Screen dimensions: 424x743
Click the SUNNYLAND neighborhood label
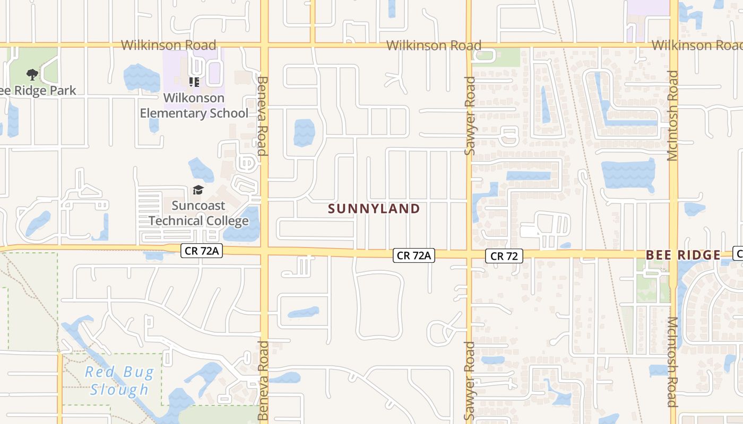(x=374, y=209)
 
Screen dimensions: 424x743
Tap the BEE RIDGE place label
(x=683, y=255)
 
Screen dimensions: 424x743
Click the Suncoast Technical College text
(x=198, y=213)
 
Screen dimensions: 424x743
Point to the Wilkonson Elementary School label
(x=194, y=105)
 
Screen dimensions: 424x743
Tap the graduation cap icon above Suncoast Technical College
(x=198, y=190)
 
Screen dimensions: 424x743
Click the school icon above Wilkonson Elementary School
(x=194, y=82)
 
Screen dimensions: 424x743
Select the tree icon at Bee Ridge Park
(x=32, y=75)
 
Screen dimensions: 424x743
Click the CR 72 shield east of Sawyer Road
(x=504, y=256)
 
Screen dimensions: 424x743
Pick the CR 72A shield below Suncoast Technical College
(x=201, y=251)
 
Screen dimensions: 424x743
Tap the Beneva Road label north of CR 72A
(x=263, y=116)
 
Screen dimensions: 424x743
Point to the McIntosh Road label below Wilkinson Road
(x=672, y=116)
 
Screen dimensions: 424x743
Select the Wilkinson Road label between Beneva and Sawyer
(x=434, y=46)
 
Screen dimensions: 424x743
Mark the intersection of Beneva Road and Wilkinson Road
(x=264, y=45)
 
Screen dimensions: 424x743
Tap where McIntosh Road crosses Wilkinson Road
(x=673, y=45)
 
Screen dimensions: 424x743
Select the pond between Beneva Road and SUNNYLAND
(x=304, y=133)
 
